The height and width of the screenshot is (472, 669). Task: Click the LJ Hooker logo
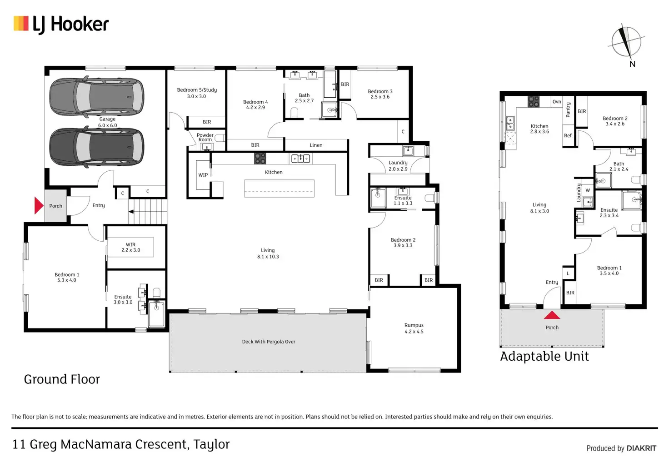pyautogui.click(x=61, y=25)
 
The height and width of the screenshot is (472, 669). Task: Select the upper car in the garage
pyautogui.click(x=97, y=97)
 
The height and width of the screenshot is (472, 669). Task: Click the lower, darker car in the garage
pyautogui.click(x=97, y=147)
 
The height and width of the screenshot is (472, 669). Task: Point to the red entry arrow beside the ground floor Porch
pyautogui.click(x=39, y=205)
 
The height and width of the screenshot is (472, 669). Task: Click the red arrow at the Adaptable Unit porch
pyautogui.click(x=552, y=315)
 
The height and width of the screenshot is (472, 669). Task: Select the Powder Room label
pyautogui.click(x=205, y=137)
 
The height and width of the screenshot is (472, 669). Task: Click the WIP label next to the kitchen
pyautogui.click(x=203, y=175)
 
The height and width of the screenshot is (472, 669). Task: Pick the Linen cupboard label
pyautogui.click(x=316, y=145)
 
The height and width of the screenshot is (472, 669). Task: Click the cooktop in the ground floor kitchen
pyautogui.click(x=260, y=159)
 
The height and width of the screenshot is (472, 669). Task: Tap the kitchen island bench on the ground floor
pyautogui.click(x=279, y=189)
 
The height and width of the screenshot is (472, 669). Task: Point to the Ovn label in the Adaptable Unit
pyautogui.click(x=557, y=101)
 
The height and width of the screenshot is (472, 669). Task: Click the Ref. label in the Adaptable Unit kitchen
pyautogui.click(x=568, y=135)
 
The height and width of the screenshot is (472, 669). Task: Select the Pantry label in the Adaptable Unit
pyautogui.click(x=568, y=109)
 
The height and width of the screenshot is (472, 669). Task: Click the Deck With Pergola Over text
pyautogui.click(x=269, y=342)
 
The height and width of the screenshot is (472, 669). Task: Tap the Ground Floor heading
pyautogui.click(x=62, y=379)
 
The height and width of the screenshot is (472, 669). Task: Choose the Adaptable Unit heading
pyautogui.click(x=544, y=357)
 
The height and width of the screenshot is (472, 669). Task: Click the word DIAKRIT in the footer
pyautogui.click(x=642, y=448)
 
